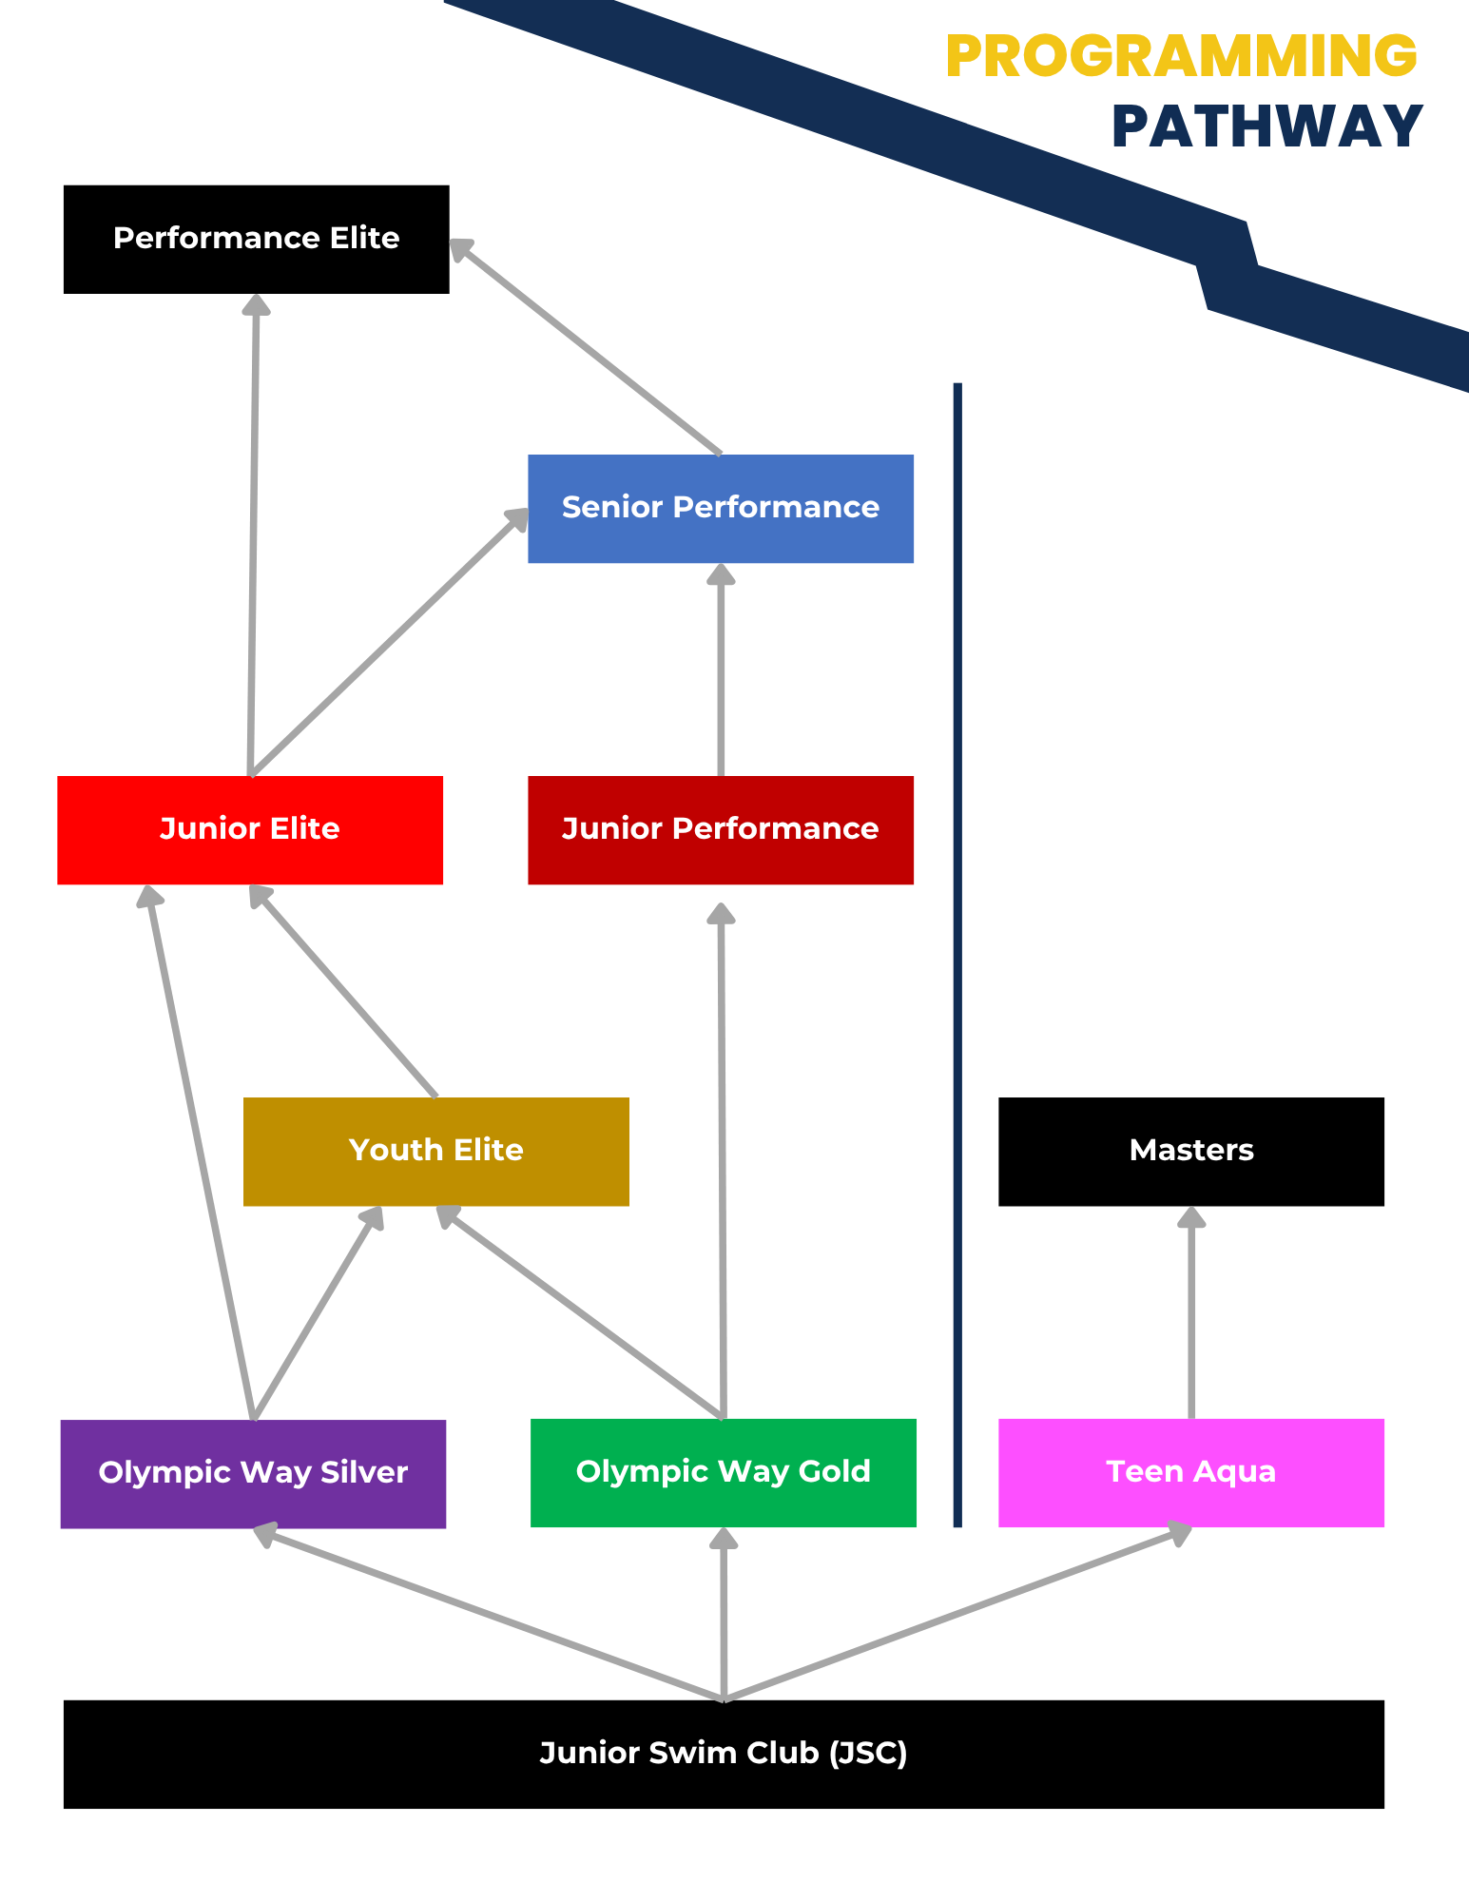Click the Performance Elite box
click(x=256, y=239)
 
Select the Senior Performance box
click(x=720, y=508)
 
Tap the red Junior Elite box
click(x=249, y=829)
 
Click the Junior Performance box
click(x=720, y=829)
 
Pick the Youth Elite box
click(x=435, y=1151)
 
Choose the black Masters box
click(x=1190, y=1151)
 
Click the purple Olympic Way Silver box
click(x=253, y=1473)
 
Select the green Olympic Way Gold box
click(x=723, y=1472)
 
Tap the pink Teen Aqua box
click(x=1190, y=1472)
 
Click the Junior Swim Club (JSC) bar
click(x=723, y=1754)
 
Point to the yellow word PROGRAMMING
click(x=1181, y=56)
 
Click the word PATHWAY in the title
click(x=1266, y=127)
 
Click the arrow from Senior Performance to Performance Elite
click(x=585, y=347)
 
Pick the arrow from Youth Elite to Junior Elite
click(x=344, y=992)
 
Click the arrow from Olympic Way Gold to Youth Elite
click(x=580, y=1313)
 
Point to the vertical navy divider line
click(x=957, y=951)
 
